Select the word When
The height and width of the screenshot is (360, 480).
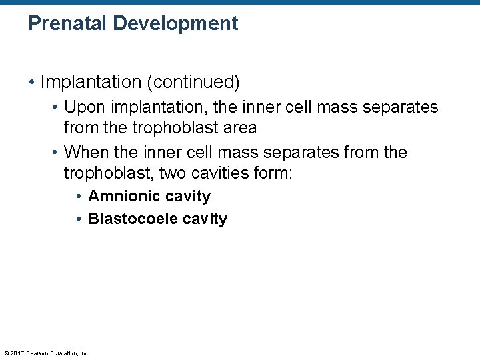pyautogui.click(x=85, y=153)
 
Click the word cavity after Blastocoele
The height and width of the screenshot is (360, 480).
pyautogui.click(x=204, y=219)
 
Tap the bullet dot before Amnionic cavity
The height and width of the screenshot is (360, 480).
pyautogui.click(x=79, y=197)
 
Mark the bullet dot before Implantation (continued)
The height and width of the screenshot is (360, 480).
pyautogui.click(x=31, y=82)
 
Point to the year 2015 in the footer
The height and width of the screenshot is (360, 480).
pyautogui.click(x=16, y=353)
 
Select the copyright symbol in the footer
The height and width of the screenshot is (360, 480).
pyautogui.click(x=5, y=353)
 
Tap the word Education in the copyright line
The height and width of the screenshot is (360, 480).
pyautogui.click(x=62, y=353)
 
